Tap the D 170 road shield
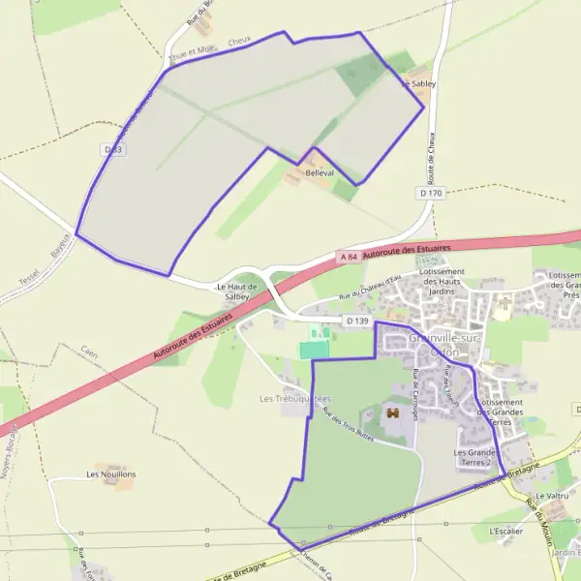point(431,194)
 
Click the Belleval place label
point(320,172)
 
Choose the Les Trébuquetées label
point(295,398)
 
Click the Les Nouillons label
point(111,474)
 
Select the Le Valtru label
point(550,496)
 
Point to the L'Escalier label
point(505,531)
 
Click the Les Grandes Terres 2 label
point(477,457)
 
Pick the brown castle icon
point(393,413)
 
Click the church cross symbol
point(504,303)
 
